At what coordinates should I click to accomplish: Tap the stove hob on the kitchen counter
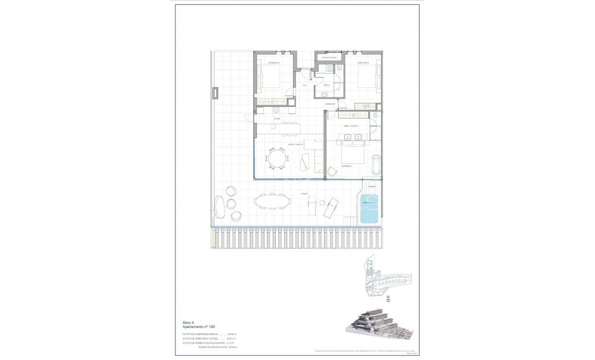click(276, 109)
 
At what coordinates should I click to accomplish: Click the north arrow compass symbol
click(388, 301)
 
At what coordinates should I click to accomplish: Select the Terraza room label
click(304, 194)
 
